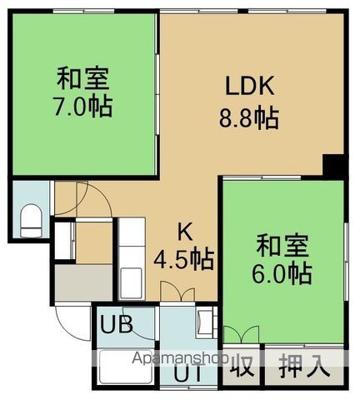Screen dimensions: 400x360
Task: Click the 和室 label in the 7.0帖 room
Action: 84,81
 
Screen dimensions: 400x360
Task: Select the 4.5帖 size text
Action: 183,258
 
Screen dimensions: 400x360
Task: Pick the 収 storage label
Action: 242,365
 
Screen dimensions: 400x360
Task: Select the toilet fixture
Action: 31,219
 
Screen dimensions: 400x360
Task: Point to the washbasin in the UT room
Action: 205,321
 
